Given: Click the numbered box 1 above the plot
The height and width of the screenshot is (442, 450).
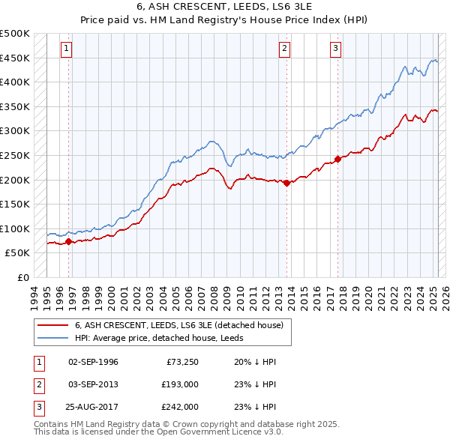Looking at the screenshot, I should click(67, 49).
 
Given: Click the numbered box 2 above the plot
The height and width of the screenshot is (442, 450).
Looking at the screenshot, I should click(285, 49).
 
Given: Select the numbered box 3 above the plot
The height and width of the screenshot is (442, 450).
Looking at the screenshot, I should click(335, 49).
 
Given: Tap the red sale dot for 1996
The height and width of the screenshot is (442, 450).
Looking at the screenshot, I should click(69, 241).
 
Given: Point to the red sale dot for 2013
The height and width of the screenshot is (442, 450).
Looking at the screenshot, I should click(287, 183).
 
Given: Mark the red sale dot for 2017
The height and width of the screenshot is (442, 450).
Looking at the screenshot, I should click(337, 159).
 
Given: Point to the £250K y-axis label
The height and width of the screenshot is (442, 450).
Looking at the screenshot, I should click(15, 155).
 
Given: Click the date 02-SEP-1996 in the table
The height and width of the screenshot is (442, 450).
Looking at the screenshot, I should click(93, 362).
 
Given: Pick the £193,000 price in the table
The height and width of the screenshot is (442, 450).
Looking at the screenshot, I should click(179, 384).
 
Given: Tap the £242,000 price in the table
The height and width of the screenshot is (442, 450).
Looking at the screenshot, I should click(179, 407).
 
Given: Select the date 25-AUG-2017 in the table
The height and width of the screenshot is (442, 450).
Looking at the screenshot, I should click(93, 407).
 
